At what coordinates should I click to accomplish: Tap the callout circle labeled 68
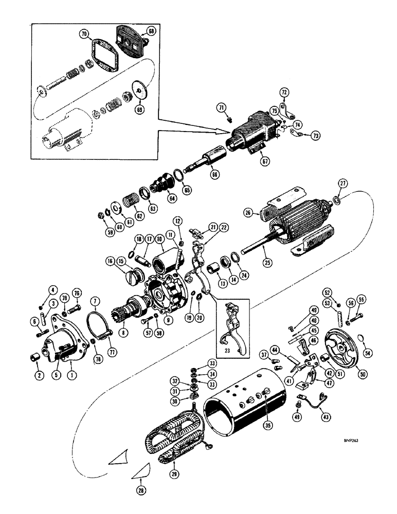151,31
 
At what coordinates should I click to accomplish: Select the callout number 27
340,184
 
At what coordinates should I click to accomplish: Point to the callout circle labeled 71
221,107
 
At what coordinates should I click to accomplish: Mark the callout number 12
177,221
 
